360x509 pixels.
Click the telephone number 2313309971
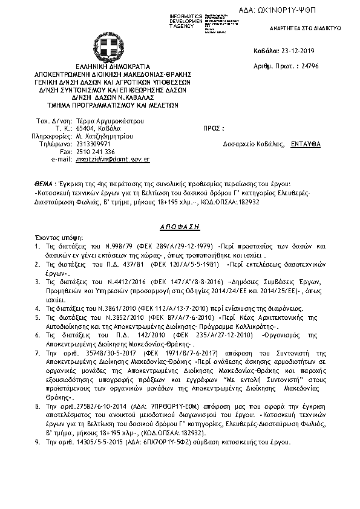pyautogui.click(x=94, y=144)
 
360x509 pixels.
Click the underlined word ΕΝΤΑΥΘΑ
pyautogui.click(x=306, y=144)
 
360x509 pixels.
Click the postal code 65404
pyautogui.click(x=88, y=128)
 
